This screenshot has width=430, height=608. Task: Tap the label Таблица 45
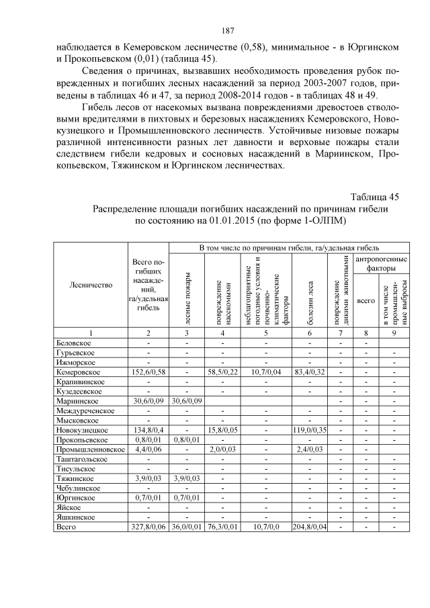pyautogui.click(x=375, y=196)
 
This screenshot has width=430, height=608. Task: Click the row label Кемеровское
pyautogui.click(x=78, y=372)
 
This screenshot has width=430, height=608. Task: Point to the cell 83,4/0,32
pyautogui.click(x=310, y=372)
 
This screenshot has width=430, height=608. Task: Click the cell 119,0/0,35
pyautogui.click(x=310, y=429)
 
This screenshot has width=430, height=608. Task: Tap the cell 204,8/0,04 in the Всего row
pyautogui.click(x=310, y=527)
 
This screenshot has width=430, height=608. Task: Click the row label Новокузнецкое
pyautogui.click(x=82, y=429)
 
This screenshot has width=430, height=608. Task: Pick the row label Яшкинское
pyautogui.click(x=75, y=517)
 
